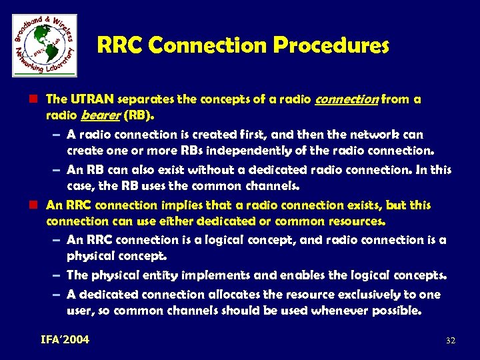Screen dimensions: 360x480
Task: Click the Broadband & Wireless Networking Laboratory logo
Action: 44,45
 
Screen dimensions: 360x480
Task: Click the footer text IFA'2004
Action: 65,340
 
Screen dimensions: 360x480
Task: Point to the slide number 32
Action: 450,341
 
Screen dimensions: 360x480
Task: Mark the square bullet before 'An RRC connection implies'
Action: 38,205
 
